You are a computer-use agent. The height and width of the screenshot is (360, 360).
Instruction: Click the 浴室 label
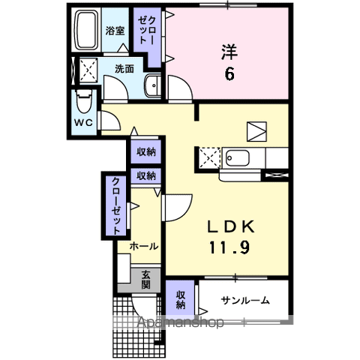tap(115, 31)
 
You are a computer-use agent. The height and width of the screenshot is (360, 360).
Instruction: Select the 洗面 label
tap(124, 68)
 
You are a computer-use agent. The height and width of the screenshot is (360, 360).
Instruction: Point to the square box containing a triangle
tap(255, 130)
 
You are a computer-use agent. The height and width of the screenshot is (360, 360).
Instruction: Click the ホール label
tap(143, 246)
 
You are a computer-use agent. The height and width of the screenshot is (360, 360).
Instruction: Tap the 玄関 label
tap(145, 280)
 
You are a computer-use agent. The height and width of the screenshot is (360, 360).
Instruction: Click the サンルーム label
tap(244, 301)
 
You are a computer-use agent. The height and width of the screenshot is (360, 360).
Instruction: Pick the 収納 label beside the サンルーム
tap(181, 300)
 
